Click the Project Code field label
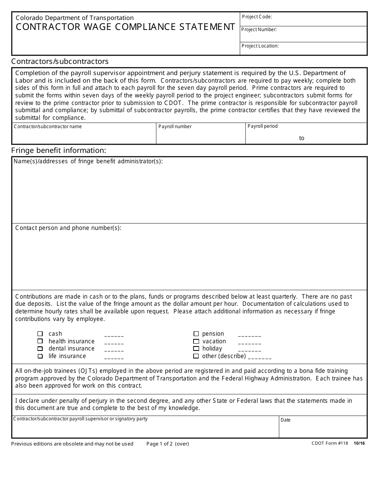coord(257,17)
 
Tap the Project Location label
coord(260,46)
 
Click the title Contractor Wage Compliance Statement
coord(125,27)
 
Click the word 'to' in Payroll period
coord(302,138)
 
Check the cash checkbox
coord(40,334)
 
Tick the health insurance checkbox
coord(40,341)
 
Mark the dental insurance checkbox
coord(40,348)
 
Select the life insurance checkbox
coord(40,356)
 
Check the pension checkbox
coord(196,334)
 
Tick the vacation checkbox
coord(196,341)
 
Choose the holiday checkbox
coord(196,348)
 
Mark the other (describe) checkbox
coord(196,356)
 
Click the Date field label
coord(286,420)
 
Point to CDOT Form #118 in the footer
coord(330,443)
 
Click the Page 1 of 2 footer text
coord(168,444)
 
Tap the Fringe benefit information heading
coord(59,150)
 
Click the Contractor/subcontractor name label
coord(48,127)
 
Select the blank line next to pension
coord(249,335)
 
